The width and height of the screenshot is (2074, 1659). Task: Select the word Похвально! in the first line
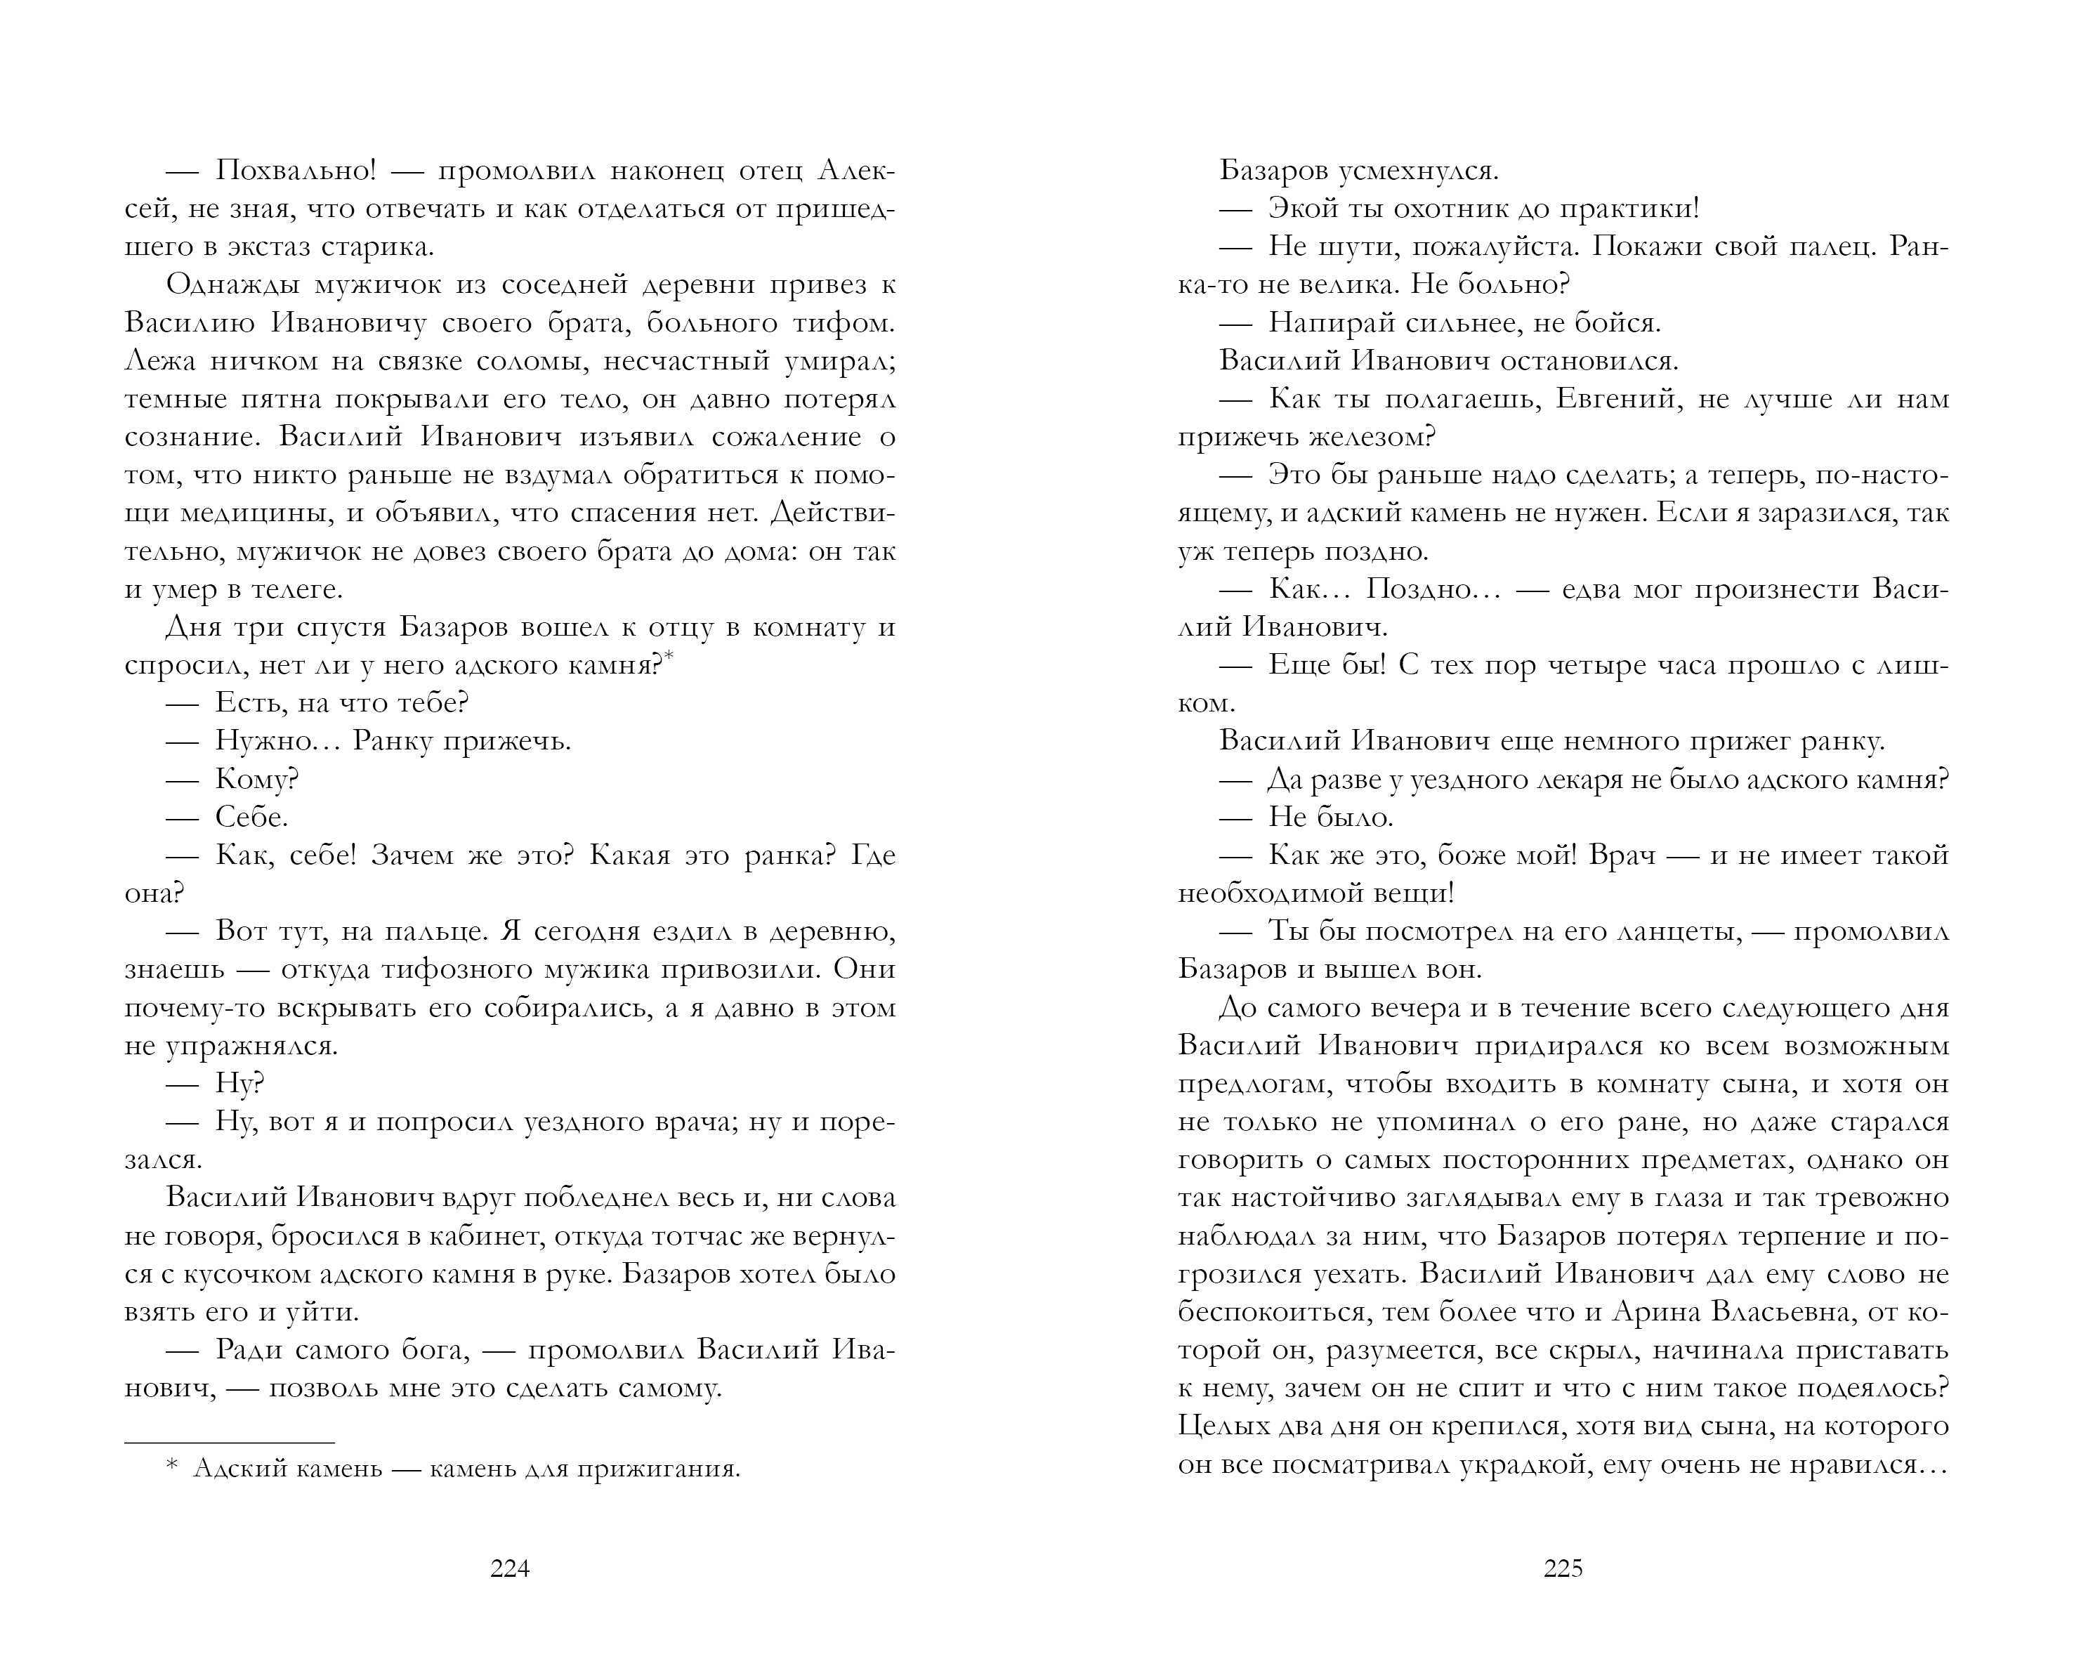click(x=295, y=170)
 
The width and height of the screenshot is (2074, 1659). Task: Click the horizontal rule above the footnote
click(x=230, y=1443)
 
